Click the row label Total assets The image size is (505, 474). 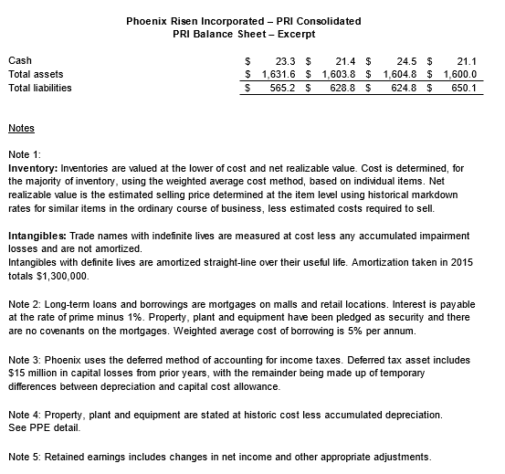pyautogui.click(x=36, y=74)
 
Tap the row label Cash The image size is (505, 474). pyautogui.click(x=19, y=60)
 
